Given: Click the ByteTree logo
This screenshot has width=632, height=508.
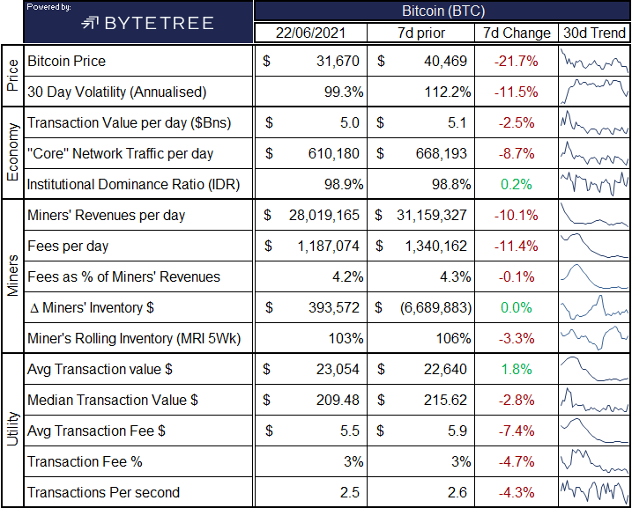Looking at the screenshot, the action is (x=147, y=23).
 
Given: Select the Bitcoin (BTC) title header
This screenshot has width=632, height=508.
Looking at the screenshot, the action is (x=443, y=11).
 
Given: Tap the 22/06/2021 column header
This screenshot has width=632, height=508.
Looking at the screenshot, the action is (x=310, y=33).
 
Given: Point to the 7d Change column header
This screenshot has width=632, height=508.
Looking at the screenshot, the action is (x=517, y=33).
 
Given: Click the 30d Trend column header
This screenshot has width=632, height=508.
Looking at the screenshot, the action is (x=594, y=33).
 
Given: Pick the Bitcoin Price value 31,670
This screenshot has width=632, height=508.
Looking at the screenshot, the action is (x=338, y=61).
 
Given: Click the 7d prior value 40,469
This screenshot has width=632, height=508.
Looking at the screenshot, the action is (x=445, y=61).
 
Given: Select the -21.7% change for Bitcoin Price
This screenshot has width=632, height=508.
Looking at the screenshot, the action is (x=517, y=61).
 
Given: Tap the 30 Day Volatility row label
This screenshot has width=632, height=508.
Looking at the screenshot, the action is (x=117, y=92).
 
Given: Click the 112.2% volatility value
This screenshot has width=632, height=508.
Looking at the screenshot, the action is (x=448, y=92).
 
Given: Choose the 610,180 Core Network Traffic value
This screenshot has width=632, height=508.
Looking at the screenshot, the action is (x=334, y=154).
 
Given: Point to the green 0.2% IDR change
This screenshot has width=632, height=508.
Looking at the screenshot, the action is (x=517, y=184).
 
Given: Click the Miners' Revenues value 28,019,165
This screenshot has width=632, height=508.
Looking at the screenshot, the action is (x=324, y=216).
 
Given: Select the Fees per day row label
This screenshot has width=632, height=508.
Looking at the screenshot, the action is (x=68, y=246).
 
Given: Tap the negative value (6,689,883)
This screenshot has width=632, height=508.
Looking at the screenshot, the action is (x=435, y=308).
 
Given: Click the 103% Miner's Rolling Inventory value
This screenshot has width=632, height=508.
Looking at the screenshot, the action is (x=346, y=339).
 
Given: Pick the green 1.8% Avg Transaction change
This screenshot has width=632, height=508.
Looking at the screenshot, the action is (x=517, y=370).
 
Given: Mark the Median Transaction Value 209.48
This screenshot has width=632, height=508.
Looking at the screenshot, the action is (x=338, y=400).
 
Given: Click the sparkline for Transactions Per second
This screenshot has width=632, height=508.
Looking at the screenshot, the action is (x=594, y=491).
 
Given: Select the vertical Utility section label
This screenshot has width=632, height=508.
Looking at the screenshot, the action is (x=13, y=429).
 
